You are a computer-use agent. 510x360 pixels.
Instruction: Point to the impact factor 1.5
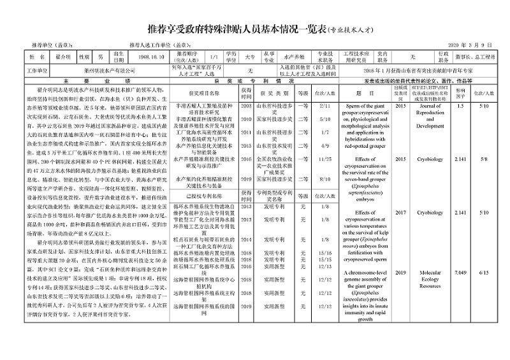461,106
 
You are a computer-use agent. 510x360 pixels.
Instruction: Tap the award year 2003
246,106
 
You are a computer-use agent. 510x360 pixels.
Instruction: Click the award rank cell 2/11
325,106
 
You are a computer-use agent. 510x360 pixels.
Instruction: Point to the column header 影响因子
460,92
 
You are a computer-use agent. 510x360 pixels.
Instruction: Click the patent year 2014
246,239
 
